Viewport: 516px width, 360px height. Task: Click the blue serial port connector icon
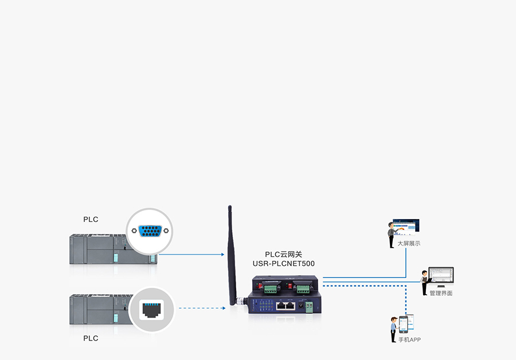150,231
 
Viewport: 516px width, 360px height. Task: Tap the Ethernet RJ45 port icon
152,309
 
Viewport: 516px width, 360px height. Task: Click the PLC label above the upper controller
91,220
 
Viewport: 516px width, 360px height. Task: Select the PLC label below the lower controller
91,338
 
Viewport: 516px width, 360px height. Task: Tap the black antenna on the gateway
231,252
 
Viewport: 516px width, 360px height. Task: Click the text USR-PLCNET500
283,264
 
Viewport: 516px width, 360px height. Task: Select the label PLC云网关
283,255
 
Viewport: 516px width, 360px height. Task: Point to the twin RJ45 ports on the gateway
284,306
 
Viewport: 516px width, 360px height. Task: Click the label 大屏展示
409,244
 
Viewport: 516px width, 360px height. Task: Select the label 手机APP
409,340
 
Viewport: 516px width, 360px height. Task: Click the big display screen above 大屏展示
408,226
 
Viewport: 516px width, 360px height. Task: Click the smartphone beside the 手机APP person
403,324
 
